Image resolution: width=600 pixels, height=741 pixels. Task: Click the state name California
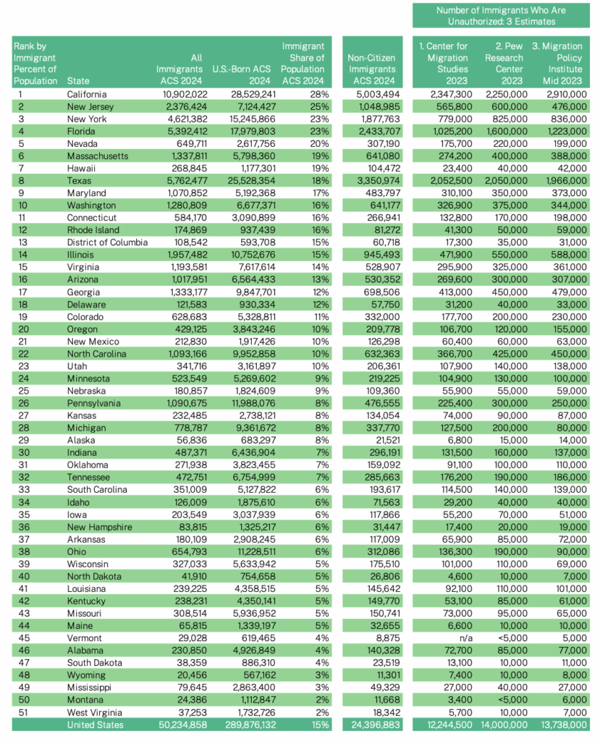87,94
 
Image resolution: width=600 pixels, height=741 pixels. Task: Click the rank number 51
22,712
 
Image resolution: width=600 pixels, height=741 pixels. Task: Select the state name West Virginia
92,712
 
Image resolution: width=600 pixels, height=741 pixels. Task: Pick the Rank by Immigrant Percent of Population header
35,64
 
